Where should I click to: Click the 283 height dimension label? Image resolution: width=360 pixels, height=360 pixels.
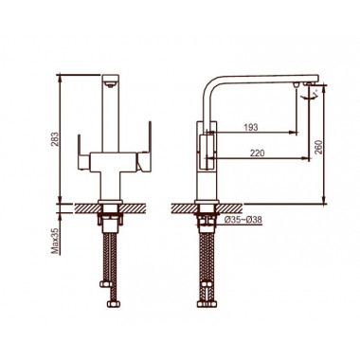tap(56, 139)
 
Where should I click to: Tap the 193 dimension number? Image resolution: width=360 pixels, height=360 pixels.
tap(251, 127)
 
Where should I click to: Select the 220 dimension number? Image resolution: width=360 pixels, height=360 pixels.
tap(258, 153)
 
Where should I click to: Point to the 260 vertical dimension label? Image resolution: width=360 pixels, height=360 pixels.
tap(318, 147)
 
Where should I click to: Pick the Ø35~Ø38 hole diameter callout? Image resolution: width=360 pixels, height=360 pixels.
tap(243, 220)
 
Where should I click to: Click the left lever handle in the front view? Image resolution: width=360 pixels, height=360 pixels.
tap(82, 153)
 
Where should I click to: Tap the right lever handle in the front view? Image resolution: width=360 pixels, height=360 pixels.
tap(145, 147)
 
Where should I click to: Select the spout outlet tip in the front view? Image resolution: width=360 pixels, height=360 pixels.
tap(110, 84)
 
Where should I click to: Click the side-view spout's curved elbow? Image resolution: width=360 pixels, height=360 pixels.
tap(209, 82)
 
